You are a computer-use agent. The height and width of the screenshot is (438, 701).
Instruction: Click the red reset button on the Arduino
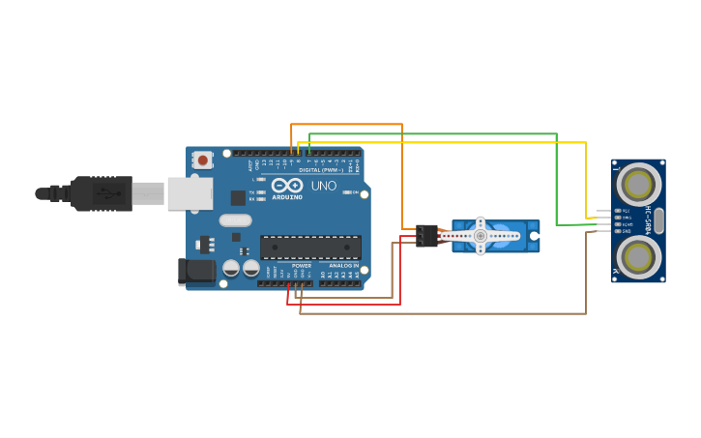[202, 160]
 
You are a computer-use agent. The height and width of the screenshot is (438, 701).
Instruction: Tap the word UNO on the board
[323, 186]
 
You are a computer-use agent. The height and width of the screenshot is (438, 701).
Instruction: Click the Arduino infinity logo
[287, 185]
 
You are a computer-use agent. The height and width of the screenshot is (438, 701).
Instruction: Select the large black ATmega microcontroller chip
[309, 248]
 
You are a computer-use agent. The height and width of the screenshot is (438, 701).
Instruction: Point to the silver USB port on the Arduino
[190, 193]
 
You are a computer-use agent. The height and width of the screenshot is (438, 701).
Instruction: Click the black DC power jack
[197, 271]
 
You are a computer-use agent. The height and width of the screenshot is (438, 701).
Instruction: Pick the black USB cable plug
[102, 193]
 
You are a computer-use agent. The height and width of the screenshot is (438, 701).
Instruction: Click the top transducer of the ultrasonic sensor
[638, 183]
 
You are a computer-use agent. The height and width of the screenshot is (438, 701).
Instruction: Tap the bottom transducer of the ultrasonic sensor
[638, 257]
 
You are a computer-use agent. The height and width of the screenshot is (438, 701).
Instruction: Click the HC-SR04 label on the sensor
[648, 220]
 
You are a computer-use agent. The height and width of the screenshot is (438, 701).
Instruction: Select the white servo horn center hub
[481, 236]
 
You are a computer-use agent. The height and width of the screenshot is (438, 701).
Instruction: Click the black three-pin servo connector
[426, 236]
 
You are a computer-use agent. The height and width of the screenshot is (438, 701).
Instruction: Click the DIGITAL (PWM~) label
[320, 170]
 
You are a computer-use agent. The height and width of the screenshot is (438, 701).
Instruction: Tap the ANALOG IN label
[343, 265]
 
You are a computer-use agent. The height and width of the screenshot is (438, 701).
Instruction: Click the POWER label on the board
[302, 265]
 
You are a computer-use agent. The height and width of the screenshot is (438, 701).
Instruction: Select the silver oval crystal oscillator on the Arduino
[235, 220]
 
